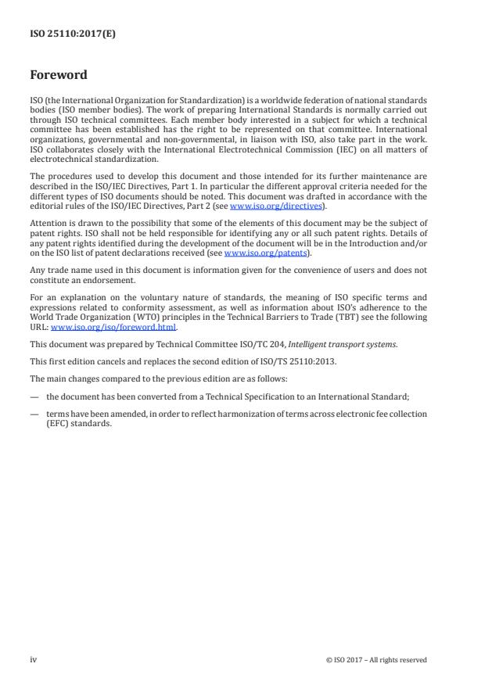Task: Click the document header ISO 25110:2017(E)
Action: coord(73,34)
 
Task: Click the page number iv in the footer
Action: coord(34,659)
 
